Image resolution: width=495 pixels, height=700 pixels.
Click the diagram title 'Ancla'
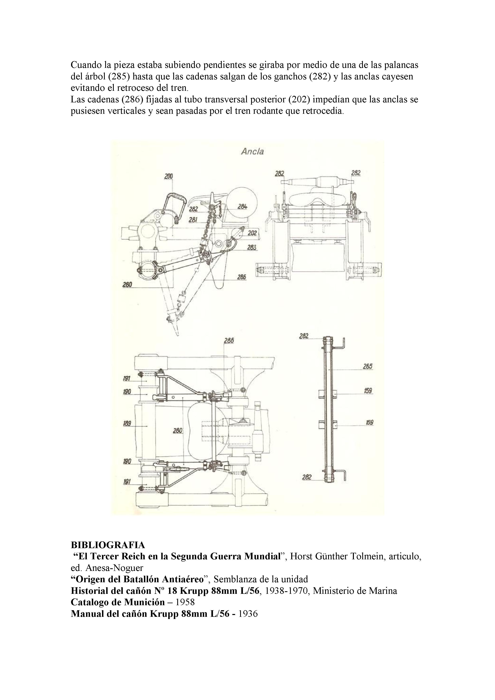point(252,151)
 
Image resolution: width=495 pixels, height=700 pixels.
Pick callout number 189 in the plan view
point(127,423)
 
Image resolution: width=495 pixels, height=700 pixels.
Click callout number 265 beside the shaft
point(368,367)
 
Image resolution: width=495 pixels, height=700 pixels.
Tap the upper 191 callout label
point(127,379)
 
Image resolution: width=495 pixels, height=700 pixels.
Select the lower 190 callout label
point(127,462)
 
